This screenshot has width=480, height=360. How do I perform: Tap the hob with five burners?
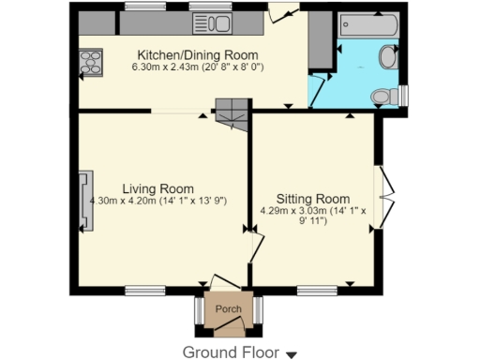(x=92, y=63)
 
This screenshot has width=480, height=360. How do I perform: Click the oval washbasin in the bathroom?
(x=388, y=58)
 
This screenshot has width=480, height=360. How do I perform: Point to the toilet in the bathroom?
(x=382, y=96)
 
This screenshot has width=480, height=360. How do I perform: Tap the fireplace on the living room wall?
(x=85, y=201)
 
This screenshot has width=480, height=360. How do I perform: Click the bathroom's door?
(x=320, y=91)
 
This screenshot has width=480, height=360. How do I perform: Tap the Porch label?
(x=228, y=309)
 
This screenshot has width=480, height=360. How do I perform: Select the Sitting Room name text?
(x=321, y=199)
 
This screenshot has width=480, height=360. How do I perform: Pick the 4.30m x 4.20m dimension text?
(x=157, y=201)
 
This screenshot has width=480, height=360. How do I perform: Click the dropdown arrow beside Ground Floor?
(x=292, y=354)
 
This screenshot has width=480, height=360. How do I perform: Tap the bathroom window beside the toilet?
(x=403, y=96)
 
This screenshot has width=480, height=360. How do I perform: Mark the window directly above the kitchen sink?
(x=210, y=7)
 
